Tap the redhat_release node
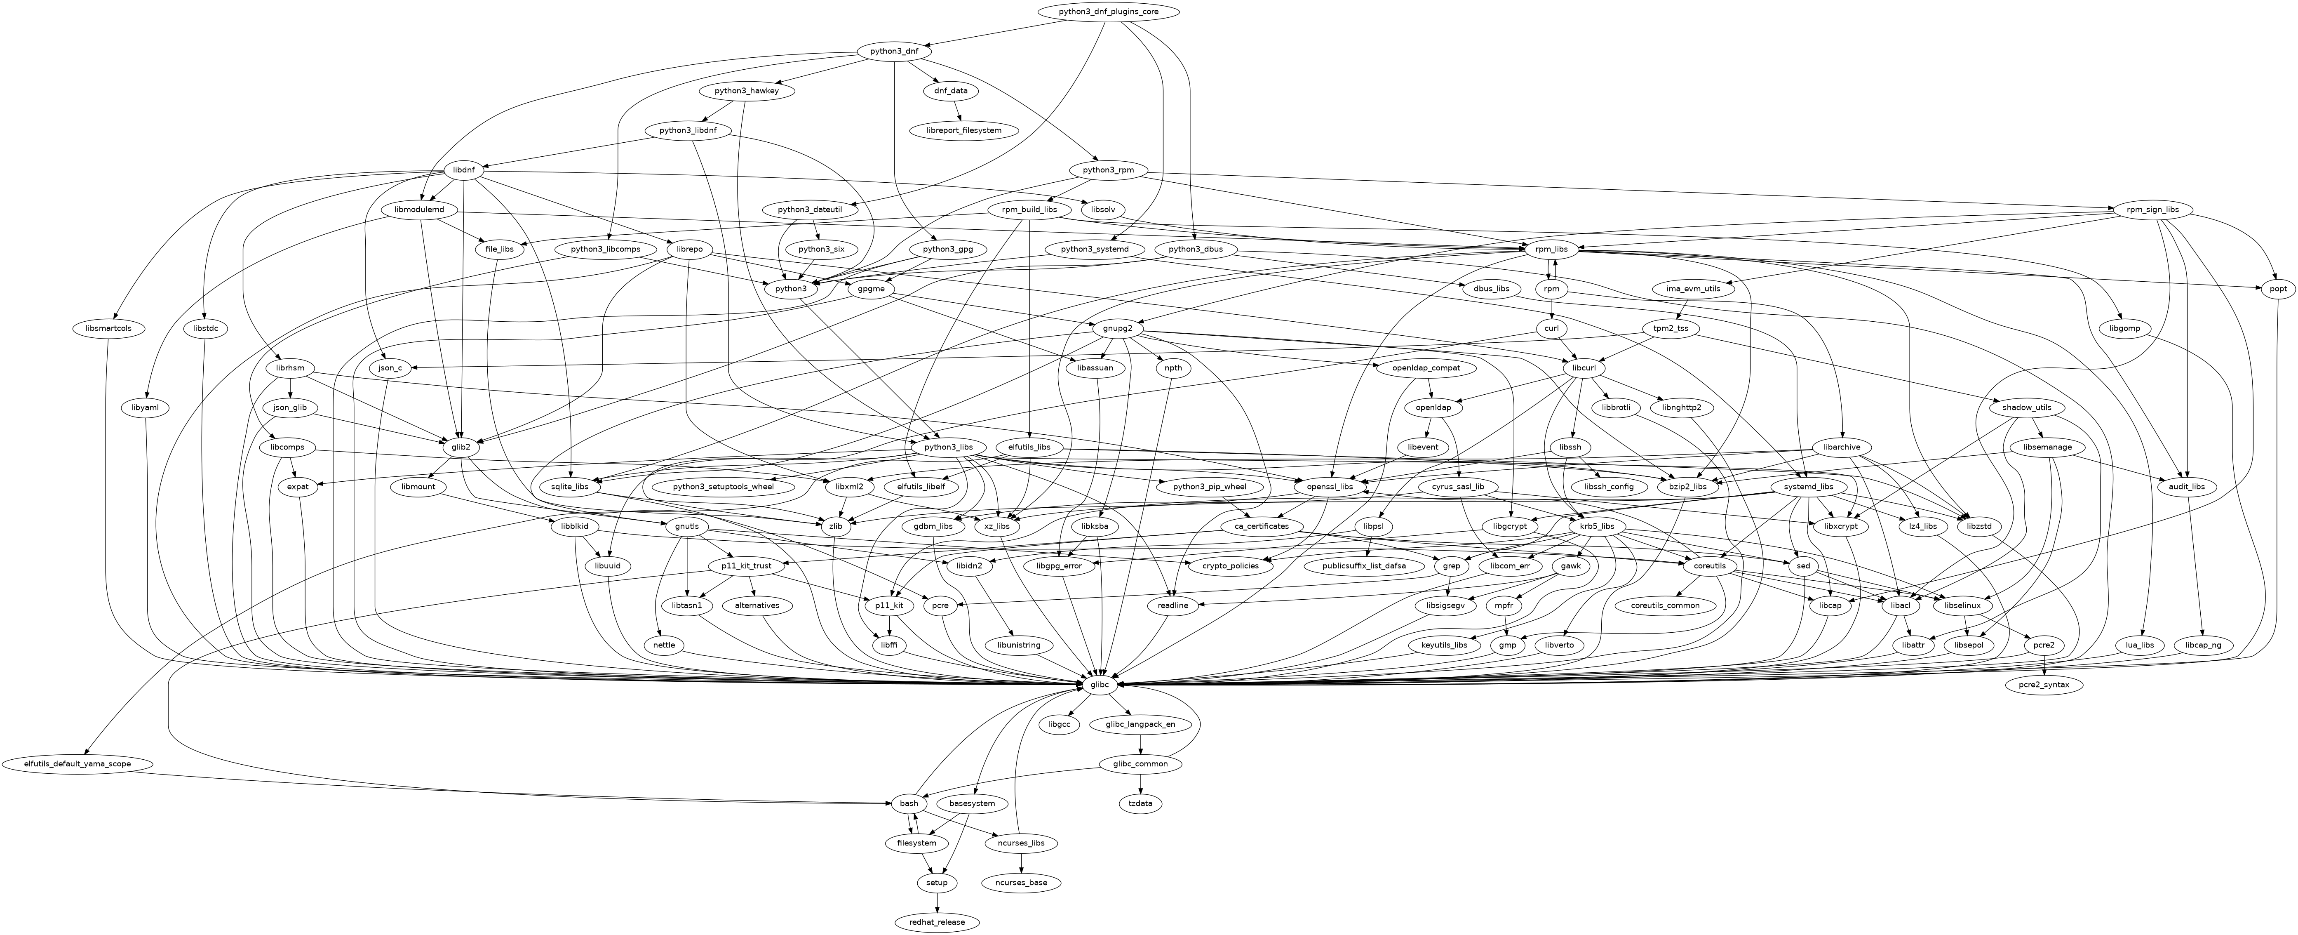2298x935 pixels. pos(937,922)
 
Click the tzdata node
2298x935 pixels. pos(1141,804)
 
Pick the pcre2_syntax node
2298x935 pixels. pos(2044,685)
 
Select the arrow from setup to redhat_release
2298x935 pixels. pos(937,902)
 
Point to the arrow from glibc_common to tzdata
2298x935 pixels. pos(1141,784)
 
